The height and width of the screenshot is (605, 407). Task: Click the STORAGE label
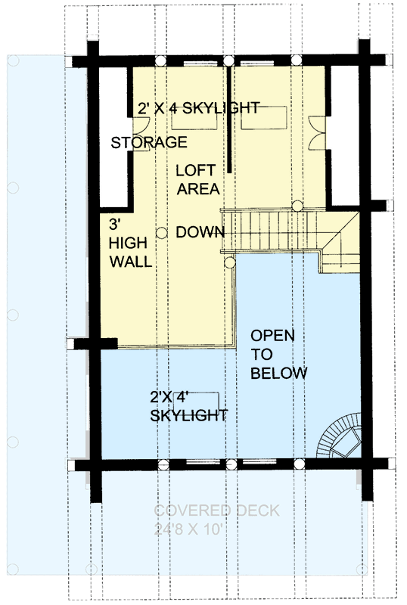[x=149, y=142]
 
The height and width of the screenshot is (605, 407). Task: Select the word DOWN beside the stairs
[x=198, y=232]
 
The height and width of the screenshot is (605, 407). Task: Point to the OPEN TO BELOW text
[x=278, y=354]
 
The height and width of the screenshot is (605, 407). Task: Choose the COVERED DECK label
[x=216, y=511]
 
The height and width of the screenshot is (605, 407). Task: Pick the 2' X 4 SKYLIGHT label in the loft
[x=198, y=108]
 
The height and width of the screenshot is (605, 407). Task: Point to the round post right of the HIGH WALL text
[x=161, y=234]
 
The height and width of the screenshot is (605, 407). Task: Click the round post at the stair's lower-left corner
[x=229, y=262]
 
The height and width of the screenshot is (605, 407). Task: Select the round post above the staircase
[x=298, y=205]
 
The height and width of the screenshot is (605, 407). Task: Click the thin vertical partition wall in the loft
[x=228, y=121]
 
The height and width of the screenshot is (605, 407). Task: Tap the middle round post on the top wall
[x=228, y=60]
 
